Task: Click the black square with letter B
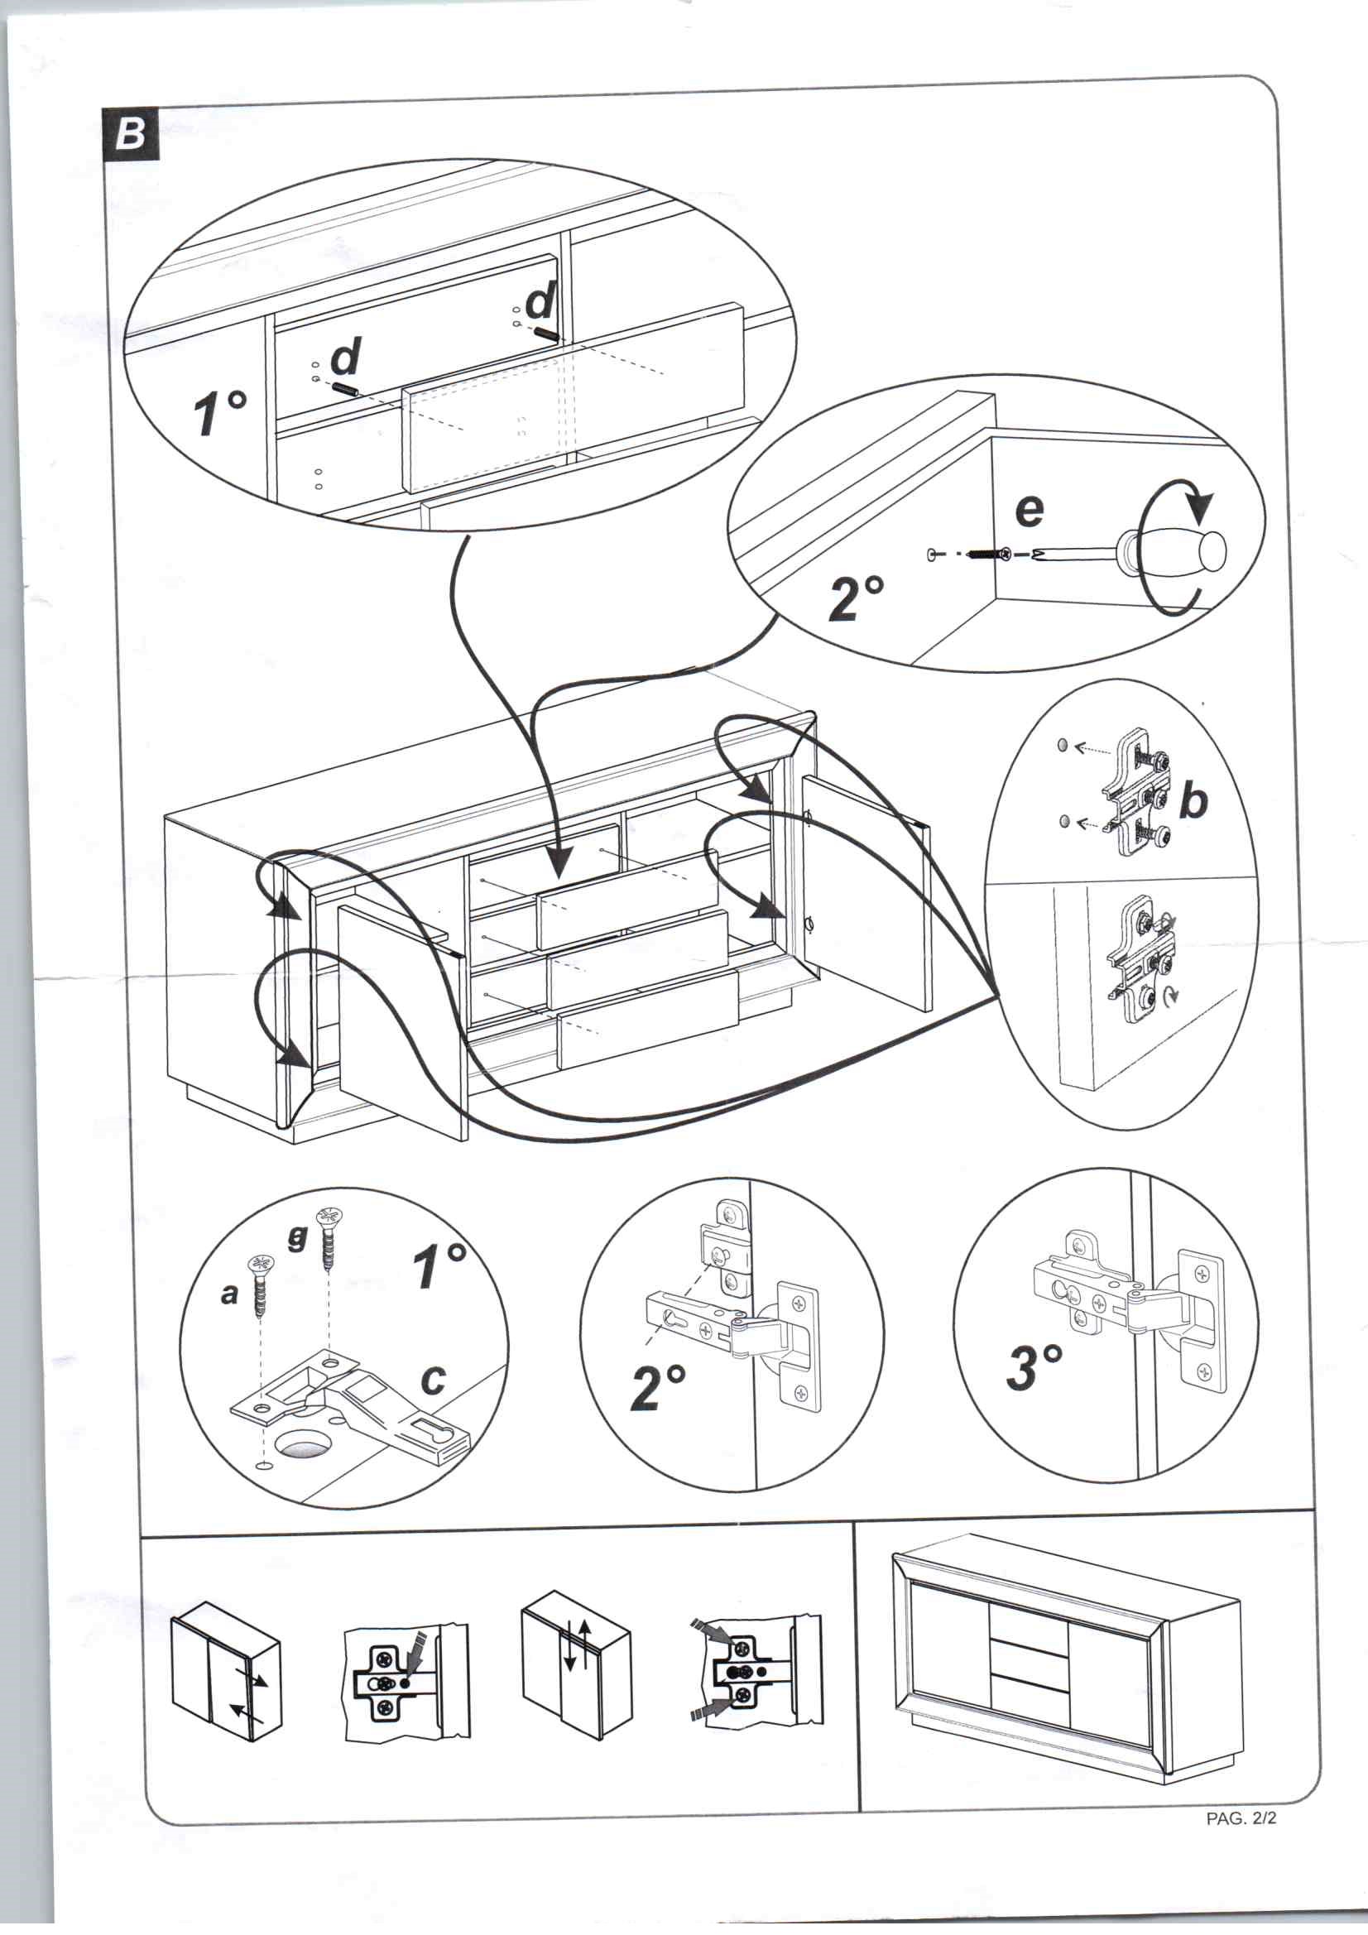[131, 134]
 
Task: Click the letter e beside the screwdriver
[1030, 510]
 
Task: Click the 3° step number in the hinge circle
[1034, 1366]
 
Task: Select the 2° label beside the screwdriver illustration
[857, 597]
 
